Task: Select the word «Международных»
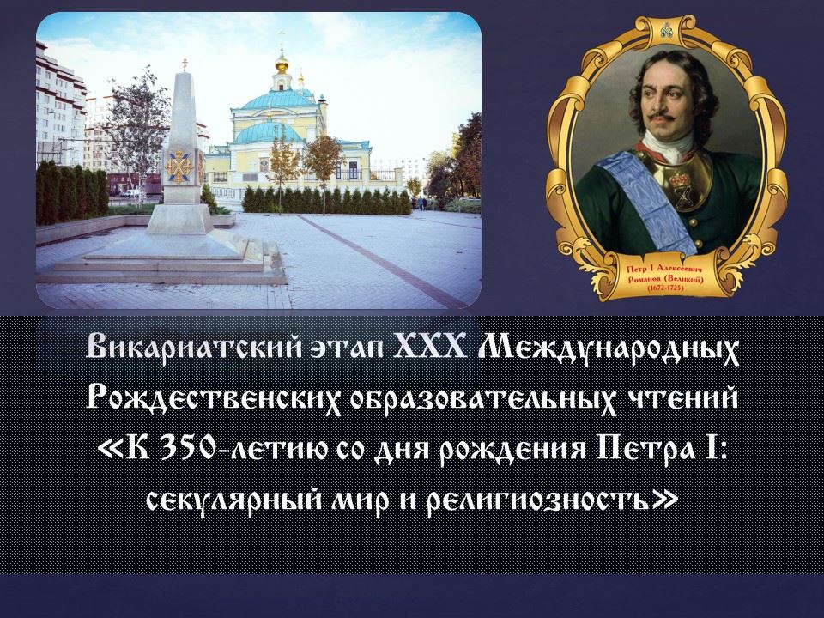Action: pyautogui.click(x=609, y=348)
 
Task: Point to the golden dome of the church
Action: pyautogui.click(x=282, y=62)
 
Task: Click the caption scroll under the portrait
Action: pyautogui.click(x=666, y=278)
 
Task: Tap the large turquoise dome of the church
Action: pyautogui.click(x=278, y=99)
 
